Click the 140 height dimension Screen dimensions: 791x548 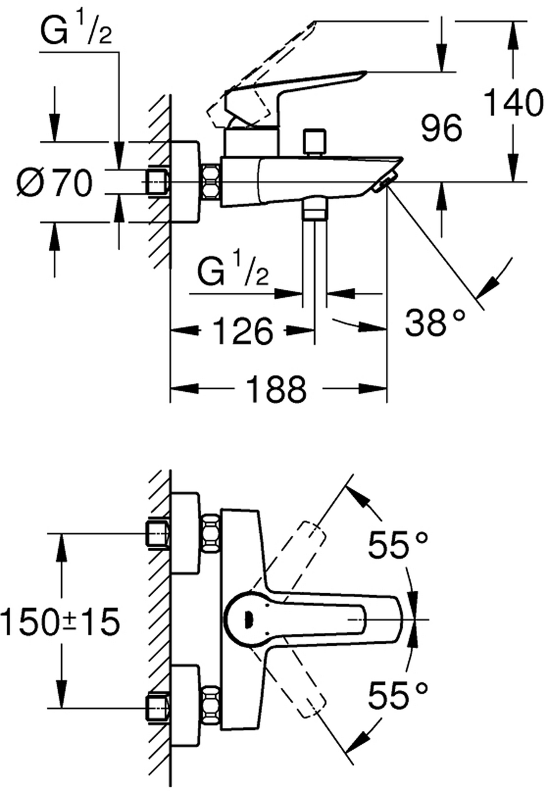[513, 104]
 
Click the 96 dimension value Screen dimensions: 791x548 [441, 129]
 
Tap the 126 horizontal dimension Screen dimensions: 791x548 [242, 332]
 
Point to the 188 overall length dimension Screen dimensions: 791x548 [276, 389]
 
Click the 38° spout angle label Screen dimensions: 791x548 [434, 323]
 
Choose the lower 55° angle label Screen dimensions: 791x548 [398, 696]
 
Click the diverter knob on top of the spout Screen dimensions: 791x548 [314, 142]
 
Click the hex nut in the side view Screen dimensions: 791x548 [212, 182]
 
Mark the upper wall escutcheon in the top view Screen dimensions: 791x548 [186, 533]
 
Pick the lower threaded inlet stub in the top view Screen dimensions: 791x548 [158, 707]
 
